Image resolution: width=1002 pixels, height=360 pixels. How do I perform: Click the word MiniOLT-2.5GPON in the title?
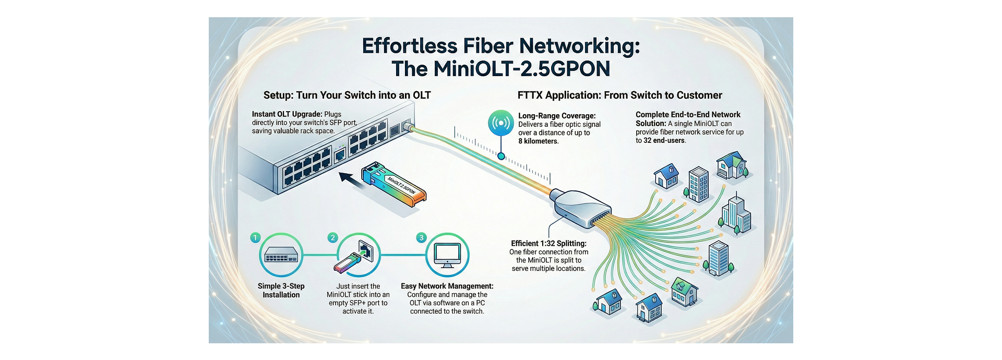coord(521,69)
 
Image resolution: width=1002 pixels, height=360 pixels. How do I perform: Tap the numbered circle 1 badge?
coord(255,238)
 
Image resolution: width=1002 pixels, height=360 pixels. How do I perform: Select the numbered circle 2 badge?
coord(333,238)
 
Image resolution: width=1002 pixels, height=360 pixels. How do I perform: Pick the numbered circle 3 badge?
coord(422,238)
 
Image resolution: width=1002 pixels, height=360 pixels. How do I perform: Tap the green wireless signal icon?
coord(501,124)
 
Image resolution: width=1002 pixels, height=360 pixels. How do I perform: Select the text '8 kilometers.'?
coord(539,141)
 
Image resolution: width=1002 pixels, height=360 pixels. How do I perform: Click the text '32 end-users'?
coord(664,140)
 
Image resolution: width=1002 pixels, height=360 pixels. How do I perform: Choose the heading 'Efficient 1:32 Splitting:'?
coord(548,244)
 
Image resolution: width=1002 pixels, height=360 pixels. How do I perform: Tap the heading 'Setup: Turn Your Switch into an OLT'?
coord(347,95)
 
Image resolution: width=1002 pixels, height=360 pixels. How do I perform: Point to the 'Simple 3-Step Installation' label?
coord(281,291)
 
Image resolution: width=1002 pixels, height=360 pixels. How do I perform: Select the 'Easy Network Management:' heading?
coord(447,286)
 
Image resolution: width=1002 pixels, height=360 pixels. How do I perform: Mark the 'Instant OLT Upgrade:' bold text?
coord(287,114)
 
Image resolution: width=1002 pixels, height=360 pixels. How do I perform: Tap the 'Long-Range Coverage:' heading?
coord(557,116)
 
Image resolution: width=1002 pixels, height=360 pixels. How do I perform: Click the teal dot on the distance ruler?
coord(501,156)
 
